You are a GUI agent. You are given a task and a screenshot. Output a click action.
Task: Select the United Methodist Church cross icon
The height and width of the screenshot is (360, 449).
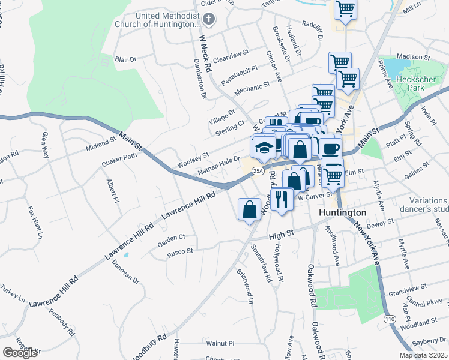pyautogui.click(x=209, y=20)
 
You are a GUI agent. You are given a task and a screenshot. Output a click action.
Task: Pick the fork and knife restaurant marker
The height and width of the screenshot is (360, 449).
pyautogui.click(x=282, y=198)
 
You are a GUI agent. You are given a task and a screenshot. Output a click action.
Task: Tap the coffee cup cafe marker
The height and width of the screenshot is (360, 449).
pyautogui.click(x=330, y=148)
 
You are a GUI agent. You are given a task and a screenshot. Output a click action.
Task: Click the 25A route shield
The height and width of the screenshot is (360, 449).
pyautogui.click(x=258, y=171)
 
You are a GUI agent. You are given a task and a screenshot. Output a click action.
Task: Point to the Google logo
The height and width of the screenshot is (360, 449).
pyautogui.click(x=20, y=352)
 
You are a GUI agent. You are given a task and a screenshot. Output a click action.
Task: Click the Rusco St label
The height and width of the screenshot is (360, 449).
pyautogui.click(x=180, y=251)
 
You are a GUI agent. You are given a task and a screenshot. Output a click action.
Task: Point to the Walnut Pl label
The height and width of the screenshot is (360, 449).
pyautogui.click(x=220, y=344)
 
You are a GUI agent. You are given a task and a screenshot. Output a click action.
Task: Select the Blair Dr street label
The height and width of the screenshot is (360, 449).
pyautogui.click(x=126, y=59)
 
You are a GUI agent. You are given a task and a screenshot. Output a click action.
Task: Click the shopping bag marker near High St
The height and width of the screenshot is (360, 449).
pyautogui.click(x=249, y=209)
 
